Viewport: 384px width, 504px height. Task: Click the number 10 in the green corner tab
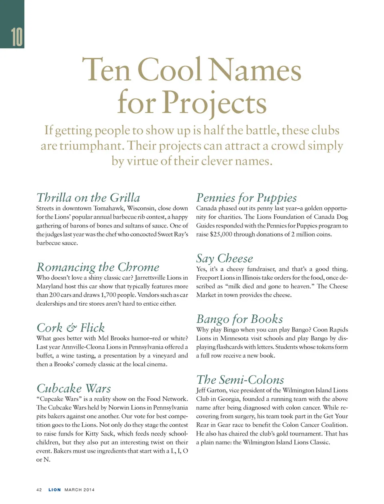17,37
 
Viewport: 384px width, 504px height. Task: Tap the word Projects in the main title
214,103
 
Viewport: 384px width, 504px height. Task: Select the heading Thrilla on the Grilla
88,198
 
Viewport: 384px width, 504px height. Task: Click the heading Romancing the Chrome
98,267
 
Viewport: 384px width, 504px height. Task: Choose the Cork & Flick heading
70,328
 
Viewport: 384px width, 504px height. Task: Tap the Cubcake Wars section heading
74,388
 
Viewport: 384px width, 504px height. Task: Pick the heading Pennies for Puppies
246,198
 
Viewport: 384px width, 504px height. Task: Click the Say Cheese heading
224,258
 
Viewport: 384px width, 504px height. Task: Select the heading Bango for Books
239,319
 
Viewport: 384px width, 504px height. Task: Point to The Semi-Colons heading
240,380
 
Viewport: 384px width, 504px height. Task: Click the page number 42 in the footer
39,490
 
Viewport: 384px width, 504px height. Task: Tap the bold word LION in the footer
55,490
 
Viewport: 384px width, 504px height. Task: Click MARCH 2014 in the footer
80,490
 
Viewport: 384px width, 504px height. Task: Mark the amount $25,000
221,234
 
